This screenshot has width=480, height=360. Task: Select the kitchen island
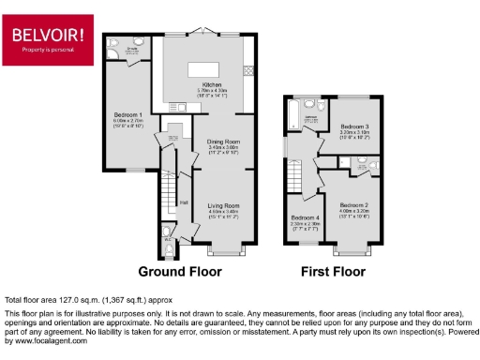[202, 69]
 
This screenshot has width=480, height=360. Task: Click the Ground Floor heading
[180, 273]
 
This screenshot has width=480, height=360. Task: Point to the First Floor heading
[333, 273]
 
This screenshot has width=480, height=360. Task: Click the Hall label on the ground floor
[184, 201]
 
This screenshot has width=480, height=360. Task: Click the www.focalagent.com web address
[38, 341]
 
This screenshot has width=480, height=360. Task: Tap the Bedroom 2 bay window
[353, 251]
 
